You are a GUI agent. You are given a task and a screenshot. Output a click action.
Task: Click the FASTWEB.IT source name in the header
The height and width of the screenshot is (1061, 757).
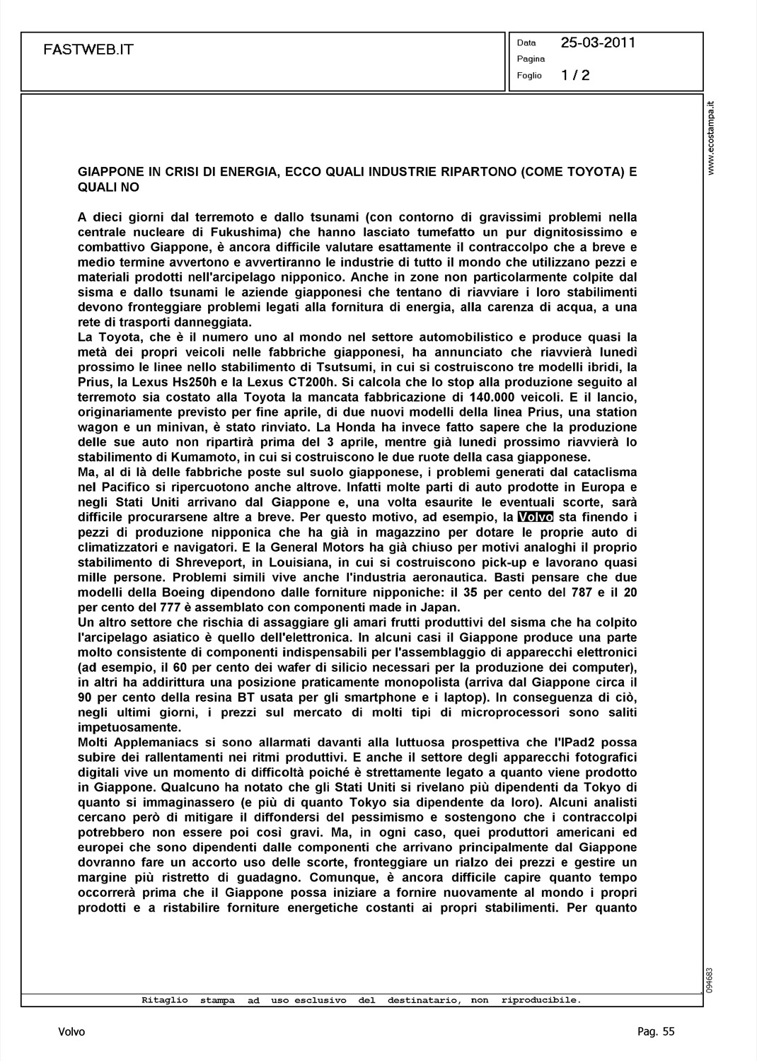click(x=88, y=50)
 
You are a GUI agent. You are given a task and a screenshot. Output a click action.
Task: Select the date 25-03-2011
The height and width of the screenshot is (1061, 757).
click(x=598, y=42)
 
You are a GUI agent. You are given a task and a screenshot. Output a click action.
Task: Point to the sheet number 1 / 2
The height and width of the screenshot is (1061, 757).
click(x=575, y=75)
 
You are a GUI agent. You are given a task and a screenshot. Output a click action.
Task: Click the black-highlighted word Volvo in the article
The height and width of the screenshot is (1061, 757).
click(x=536, y=517)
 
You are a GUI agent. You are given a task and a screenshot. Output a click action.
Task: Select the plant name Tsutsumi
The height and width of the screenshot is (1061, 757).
click(x=352, y=366)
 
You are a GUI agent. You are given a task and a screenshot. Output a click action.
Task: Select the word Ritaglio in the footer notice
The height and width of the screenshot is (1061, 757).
click(x=165, y=1000)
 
